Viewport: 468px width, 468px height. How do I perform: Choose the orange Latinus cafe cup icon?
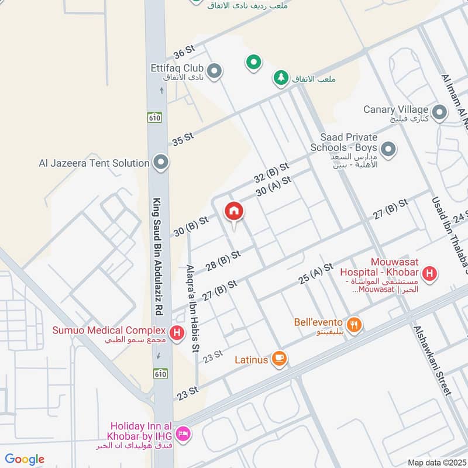(x=280, y=359)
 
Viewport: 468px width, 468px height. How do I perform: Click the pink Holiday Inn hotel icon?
(x=183, y=433)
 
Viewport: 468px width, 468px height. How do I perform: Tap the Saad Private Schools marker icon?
(x=388, y=150)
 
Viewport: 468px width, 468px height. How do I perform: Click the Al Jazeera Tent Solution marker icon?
(x=161, y=163)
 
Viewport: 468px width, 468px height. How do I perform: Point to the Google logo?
(x=25, y=459)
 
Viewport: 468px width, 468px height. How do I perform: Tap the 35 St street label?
(x=183, y=139)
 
